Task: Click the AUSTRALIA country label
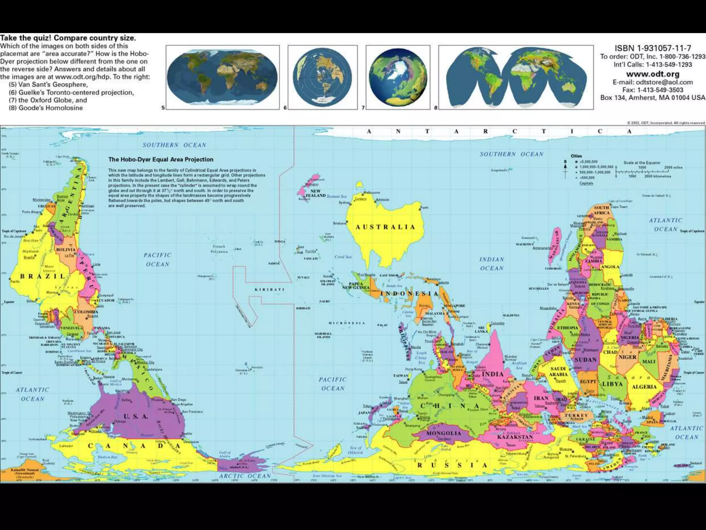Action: (x=385, y=227)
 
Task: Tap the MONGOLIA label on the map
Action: (x=444, y=433)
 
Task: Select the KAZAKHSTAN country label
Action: (x=515, y=437)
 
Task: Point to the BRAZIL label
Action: (x=43, y=276)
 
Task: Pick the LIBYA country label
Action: (x=612, y=384)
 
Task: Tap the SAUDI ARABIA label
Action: (x=558, y=372)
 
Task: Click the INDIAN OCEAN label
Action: (x=492, y=264)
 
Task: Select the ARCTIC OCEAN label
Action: (x=245, y=476)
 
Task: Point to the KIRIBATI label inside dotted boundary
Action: (x=270, y=289)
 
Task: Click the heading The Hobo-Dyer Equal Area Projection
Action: (x=161, y=159)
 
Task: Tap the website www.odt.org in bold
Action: (x=653, y=74)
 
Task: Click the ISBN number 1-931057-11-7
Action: (x=653, y=48)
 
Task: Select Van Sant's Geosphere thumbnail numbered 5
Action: (x=222, y=77)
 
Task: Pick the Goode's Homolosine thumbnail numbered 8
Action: (x=516, y=77)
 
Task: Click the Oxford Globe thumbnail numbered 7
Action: (x=398, y=77)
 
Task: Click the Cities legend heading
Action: (x=576, y=156)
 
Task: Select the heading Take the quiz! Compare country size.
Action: (x=68, y=38)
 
